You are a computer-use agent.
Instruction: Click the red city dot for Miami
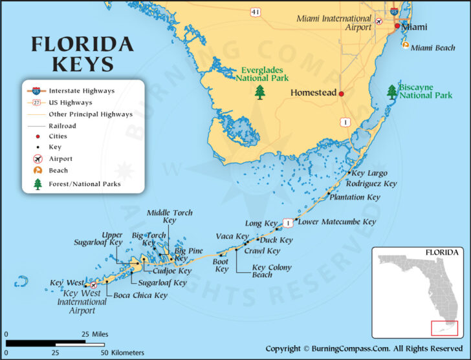[x=398, y=26]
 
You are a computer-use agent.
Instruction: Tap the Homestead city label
[x=313, y=93]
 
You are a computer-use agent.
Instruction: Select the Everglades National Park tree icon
[x=260, y=92]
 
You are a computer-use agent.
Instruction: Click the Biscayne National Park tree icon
[x=392, y=91]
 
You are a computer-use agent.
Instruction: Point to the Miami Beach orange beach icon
[x=405, y=46]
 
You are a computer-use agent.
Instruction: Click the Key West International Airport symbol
[x=94, y=284]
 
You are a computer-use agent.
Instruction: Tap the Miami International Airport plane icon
[x=379, y=26]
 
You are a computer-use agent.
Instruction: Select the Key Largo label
[x=369, y=173]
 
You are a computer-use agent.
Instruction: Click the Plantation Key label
[x=355, y=197]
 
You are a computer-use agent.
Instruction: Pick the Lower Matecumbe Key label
[x=336, y=222]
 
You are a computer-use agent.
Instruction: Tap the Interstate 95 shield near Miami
[x=394, y=11]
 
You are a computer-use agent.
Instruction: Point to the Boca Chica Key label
[x=140, y=295]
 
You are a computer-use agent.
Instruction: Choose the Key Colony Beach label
[x=271, y=271]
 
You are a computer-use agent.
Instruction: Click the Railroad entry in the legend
[x=63, y=126]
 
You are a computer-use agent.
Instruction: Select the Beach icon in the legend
[x=37, y=171]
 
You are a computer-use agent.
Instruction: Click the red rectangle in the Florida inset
[x=444, y=328]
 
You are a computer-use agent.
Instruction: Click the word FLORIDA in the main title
[x=82, y=45]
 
